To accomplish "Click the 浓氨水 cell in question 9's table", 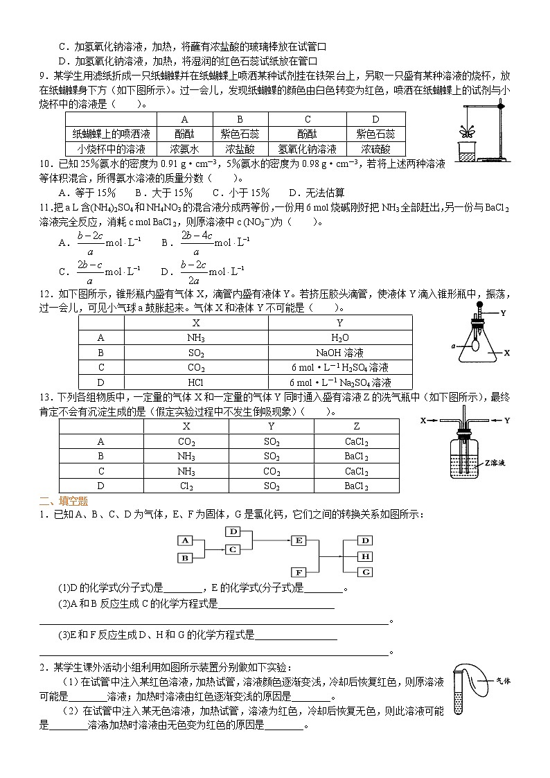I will pyautogui.click(x=185, y=149).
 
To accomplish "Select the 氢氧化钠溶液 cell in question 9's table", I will pyautogui.click(x=307, y=149).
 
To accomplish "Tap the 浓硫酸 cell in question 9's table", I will pyautogui.click(x=375, y=149).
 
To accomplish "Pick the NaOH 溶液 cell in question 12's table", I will pyautogui.click(x=339, y=352).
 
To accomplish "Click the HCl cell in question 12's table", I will pyautogui.click(x=195, y=382).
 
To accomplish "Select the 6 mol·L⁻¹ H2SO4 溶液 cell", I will pyautogui.click(x=339, y=367).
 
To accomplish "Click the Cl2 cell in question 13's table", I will pyautogui.click(x=186, y=486).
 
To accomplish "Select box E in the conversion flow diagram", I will pyautogui.click(x=300, y=540).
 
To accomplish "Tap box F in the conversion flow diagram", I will pyautogui.click(x=300, y=572).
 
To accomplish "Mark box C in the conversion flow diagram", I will pyautogui.click(x=233, y=549).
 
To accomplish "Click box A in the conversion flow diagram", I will pyautogui.click(x=185, y=540).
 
